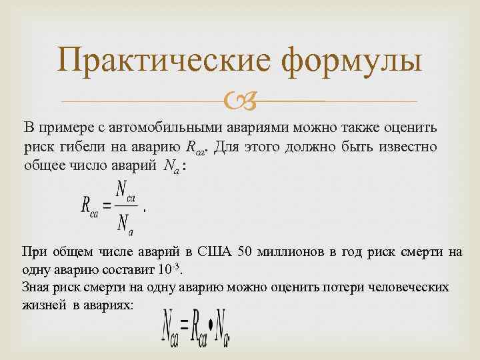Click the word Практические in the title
pyautogui.click(x=164, y=61)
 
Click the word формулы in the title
pyautogui.click(x=351, y=61)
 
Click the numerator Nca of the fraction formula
pyautogui.click(x=124, y=191)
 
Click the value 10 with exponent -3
pyautogui.click(x=168, y=271)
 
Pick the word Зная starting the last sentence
pyautogui.click(x=36, y=287)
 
